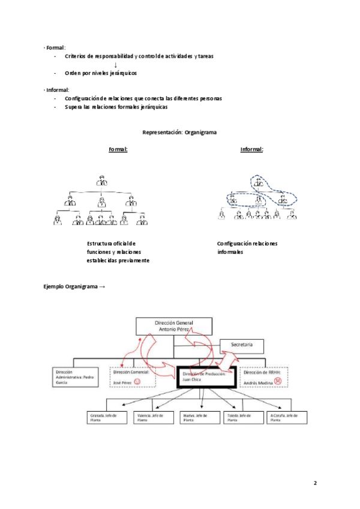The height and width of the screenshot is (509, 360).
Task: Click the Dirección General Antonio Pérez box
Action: tap(173, 326)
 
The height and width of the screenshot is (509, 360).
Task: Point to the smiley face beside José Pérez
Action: tap(137, 382)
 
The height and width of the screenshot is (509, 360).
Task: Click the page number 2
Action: tap(316, 482)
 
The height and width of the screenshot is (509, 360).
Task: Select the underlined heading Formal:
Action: tap(118, 149)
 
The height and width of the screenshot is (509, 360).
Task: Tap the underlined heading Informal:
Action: tap(252, 149)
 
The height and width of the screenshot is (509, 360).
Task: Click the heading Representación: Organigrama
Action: tap(179, 132)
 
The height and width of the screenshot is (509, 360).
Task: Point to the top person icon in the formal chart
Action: tap(101, 179)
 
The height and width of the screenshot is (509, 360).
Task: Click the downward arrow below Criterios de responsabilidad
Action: tap(115, 64)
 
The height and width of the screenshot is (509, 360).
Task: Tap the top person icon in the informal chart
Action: tap(259, 181)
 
